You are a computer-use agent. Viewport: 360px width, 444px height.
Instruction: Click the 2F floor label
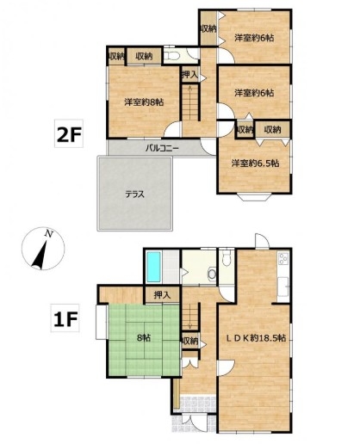click(x=69, y=133)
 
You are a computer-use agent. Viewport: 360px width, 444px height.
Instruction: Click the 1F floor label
click(x=65, y=318)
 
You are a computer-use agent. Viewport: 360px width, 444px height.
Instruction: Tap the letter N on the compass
click(x=49, y=234)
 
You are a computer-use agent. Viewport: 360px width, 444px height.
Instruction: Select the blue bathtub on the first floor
click(x=153, y=267)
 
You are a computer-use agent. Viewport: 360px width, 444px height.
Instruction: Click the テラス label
click(x=134, y=194)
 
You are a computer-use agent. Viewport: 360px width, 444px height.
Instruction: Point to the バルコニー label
click(x=162, y=148)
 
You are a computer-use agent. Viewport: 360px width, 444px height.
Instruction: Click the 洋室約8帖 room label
click(x=144, y=102)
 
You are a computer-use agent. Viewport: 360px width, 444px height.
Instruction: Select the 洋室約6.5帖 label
click(x=255, y=163)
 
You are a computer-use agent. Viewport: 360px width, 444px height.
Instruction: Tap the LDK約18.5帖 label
click(x=256, y=338)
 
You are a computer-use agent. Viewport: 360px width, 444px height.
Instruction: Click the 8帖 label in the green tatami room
click(x=144, y=338)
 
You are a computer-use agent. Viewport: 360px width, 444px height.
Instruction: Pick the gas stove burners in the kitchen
click(x=283, y=258)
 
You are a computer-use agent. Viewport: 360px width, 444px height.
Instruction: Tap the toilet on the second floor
click(x=173, y=55)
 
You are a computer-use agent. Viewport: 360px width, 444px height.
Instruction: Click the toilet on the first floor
click(x=227, y=259)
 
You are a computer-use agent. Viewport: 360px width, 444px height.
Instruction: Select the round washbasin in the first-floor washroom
click(x=212, y=274)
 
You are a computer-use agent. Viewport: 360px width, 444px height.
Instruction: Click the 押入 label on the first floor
click(x=163, y=295)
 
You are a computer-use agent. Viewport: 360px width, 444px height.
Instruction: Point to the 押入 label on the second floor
click(x=189, y=75)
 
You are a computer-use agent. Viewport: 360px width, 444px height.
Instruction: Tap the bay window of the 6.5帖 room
click(x=254, y=197)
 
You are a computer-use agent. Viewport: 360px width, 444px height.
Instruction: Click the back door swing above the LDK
click(x=262, y=241)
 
